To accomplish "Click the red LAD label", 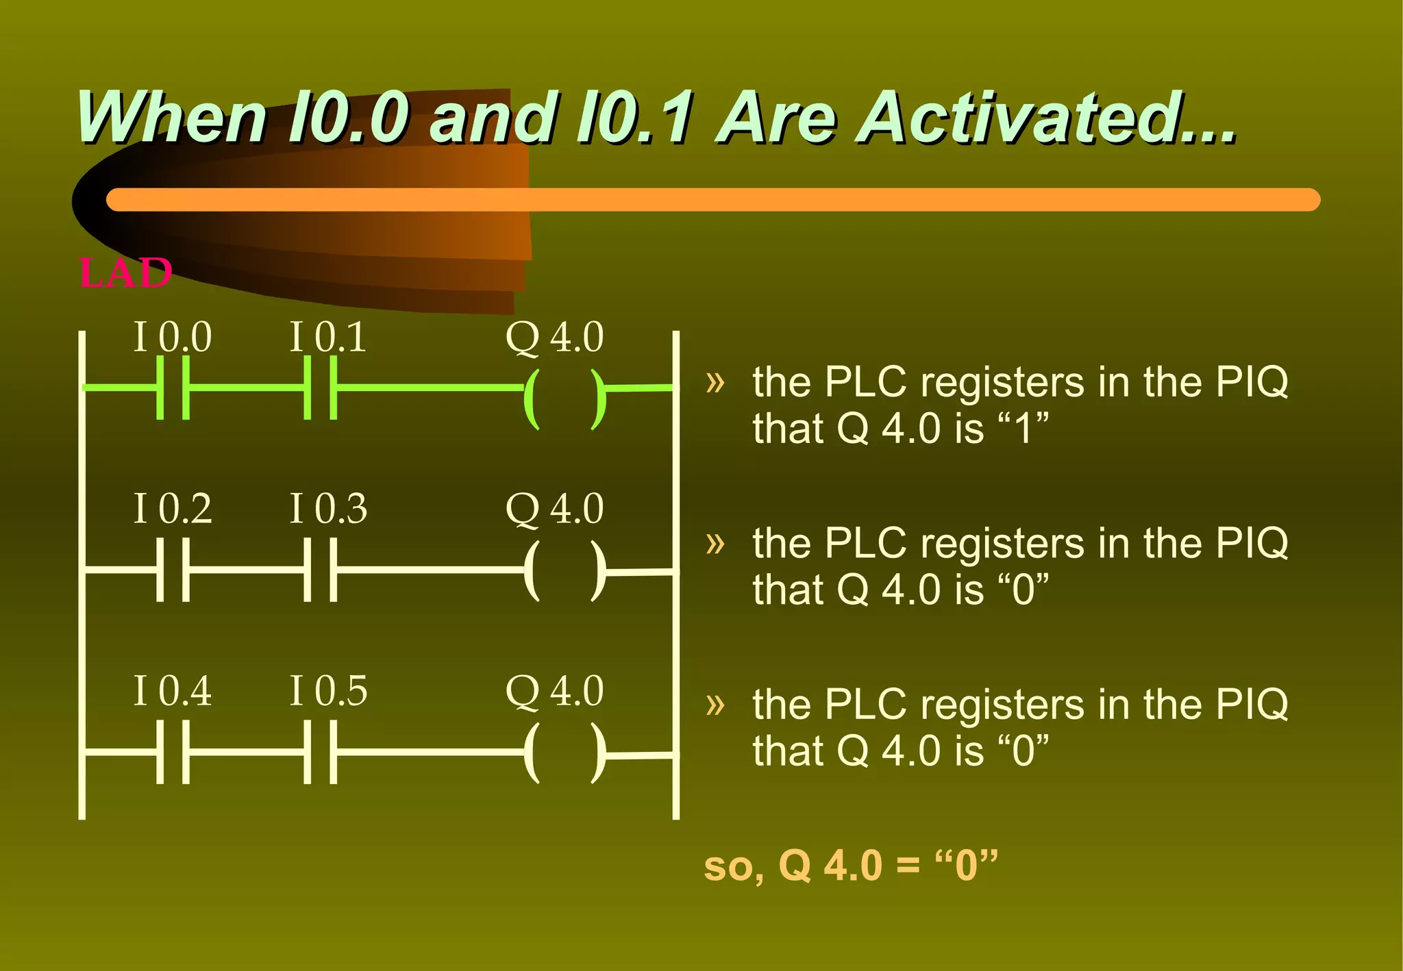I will [125, 273].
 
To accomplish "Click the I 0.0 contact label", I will [173, 337].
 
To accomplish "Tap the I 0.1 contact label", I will [328, 337].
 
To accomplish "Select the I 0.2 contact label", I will [173, 509].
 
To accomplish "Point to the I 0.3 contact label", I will [328, 509].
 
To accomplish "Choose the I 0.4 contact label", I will [173, 690].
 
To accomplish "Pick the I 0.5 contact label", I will [328, 690].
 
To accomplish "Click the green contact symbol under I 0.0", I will [173, 388].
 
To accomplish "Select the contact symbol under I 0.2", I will [173, 570].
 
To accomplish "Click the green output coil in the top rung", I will [564, 399].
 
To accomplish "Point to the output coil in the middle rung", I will [564, 571].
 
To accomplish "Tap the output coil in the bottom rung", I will [564, 753].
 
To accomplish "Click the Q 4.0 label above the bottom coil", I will [554, 690].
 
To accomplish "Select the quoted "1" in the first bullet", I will [1023, 429].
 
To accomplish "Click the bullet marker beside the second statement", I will [715, 543].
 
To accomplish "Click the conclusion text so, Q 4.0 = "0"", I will [851, 865].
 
